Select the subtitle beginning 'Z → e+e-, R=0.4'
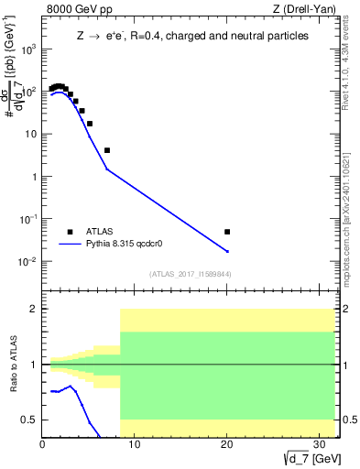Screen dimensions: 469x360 click(x=191, y=36)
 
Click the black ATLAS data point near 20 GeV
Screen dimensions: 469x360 click(x=227, y=232)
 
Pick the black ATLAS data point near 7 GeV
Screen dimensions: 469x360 click(x=107, y=150)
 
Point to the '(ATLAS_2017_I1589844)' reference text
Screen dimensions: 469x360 click(x=191, y=274)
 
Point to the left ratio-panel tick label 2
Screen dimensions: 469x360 click(x=33, y=310)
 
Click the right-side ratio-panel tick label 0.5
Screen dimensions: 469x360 click(x=347, y=420)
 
